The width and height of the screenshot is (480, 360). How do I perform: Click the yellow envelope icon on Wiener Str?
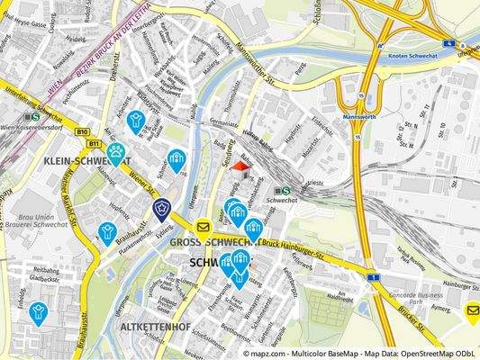[x=204, y=227]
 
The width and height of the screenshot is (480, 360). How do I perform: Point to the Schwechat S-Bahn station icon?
[x=282, y=190]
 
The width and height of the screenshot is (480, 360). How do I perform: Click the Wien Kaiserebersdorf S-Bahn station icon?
[x=35, y=116]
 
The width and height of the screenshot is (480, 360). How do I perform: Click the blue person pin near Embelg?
[x=38, y=312]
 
